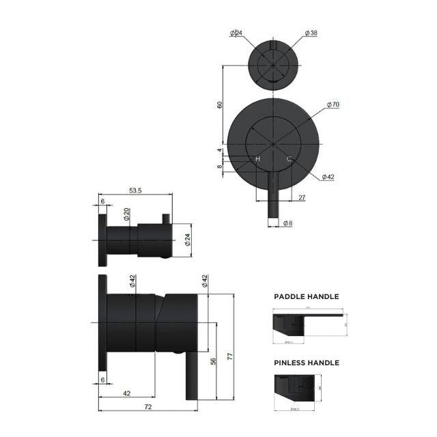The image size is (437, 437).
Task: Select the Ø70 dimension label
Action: point(333,104)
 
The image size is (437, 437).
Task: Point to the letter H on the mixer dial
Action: point(257,159)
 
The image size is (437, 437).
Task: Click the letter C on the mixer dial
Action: point(289,159)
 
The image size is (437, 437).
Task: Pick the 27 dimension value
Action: point(302,197)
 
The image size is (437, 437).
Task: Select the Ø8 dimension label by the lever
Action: point(288,223)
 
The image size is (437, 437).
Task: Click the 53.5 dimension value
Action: point(135,192)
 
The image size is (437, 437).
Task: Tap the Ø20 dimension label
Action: point(127,214)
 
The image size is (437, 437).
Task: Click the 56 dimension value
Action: point(213,362)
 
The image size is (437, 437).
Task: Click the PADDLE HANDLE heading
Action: point(306,297)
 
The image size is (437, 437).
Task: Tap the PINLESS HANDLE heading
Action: point(306,363)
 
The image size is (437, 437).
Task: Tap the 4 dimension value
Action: point(220,151)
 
